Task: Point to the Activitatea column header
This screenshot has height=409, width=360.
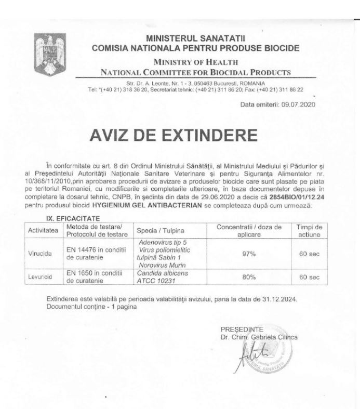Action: click(x=42, y=230)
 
